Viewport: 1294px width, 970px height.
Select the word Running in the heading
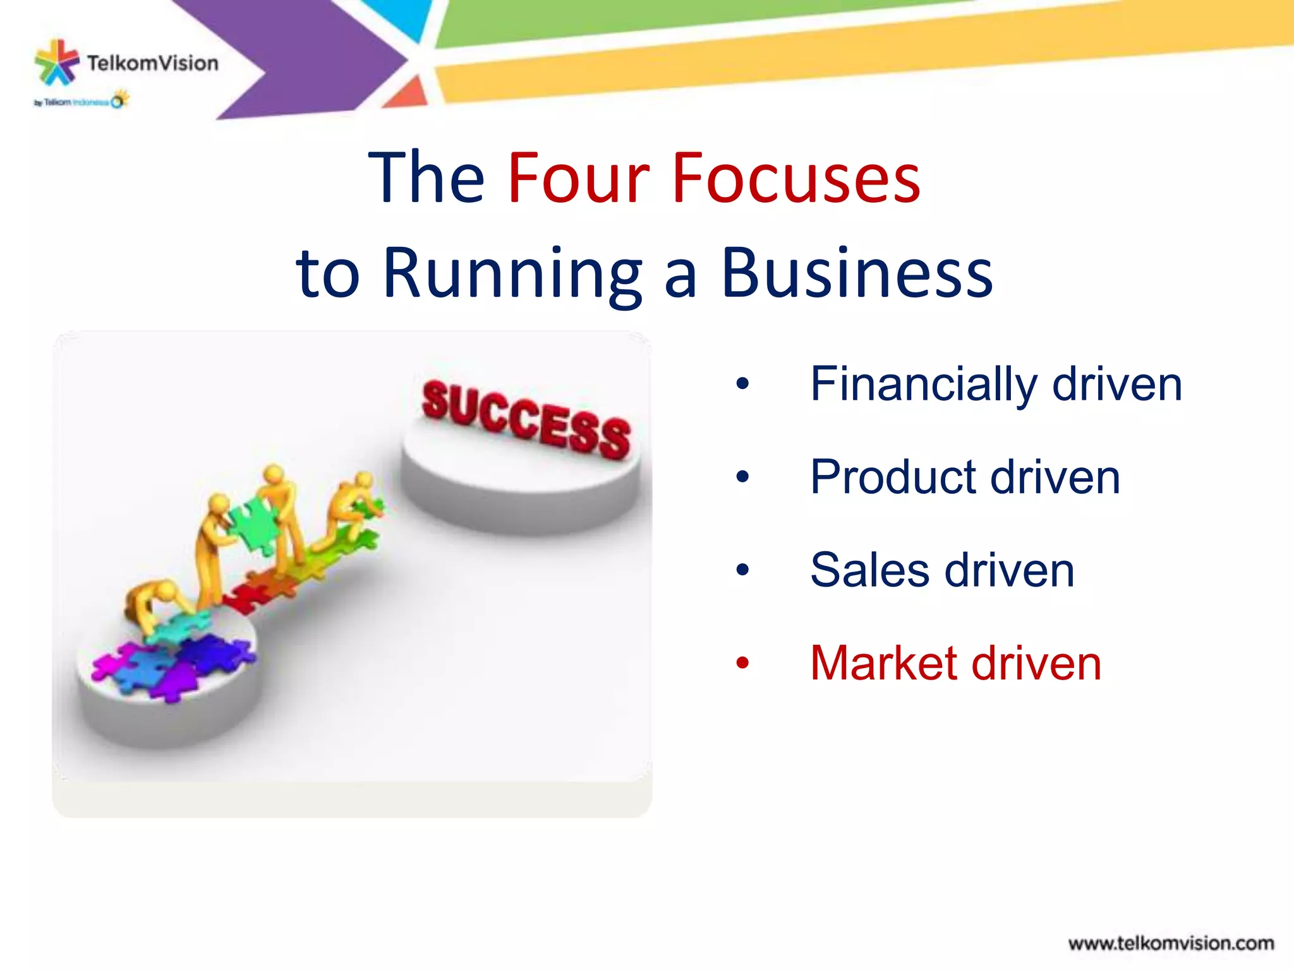pyautogui.click(x=512, y=275)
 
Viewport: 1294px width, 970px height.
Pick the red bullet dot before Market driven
pyautogui.click(x=742, y=663)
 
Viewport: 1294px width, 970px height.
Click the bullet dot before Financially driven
pyautogui.click(x=742, y=383)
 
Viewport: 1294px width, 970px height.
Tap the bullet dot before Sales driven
pyautogui.click(x=742, y=570)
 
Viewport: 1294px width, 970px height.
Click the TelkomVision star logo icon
pyautogui.click(x=57, y=62)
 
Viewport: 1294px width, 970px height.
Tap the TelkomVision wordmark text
pyautogui.click(x=153, y=63)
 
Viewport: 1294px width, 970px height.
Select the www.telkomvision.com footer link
pyautogui.click(x=1170, y=943)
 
